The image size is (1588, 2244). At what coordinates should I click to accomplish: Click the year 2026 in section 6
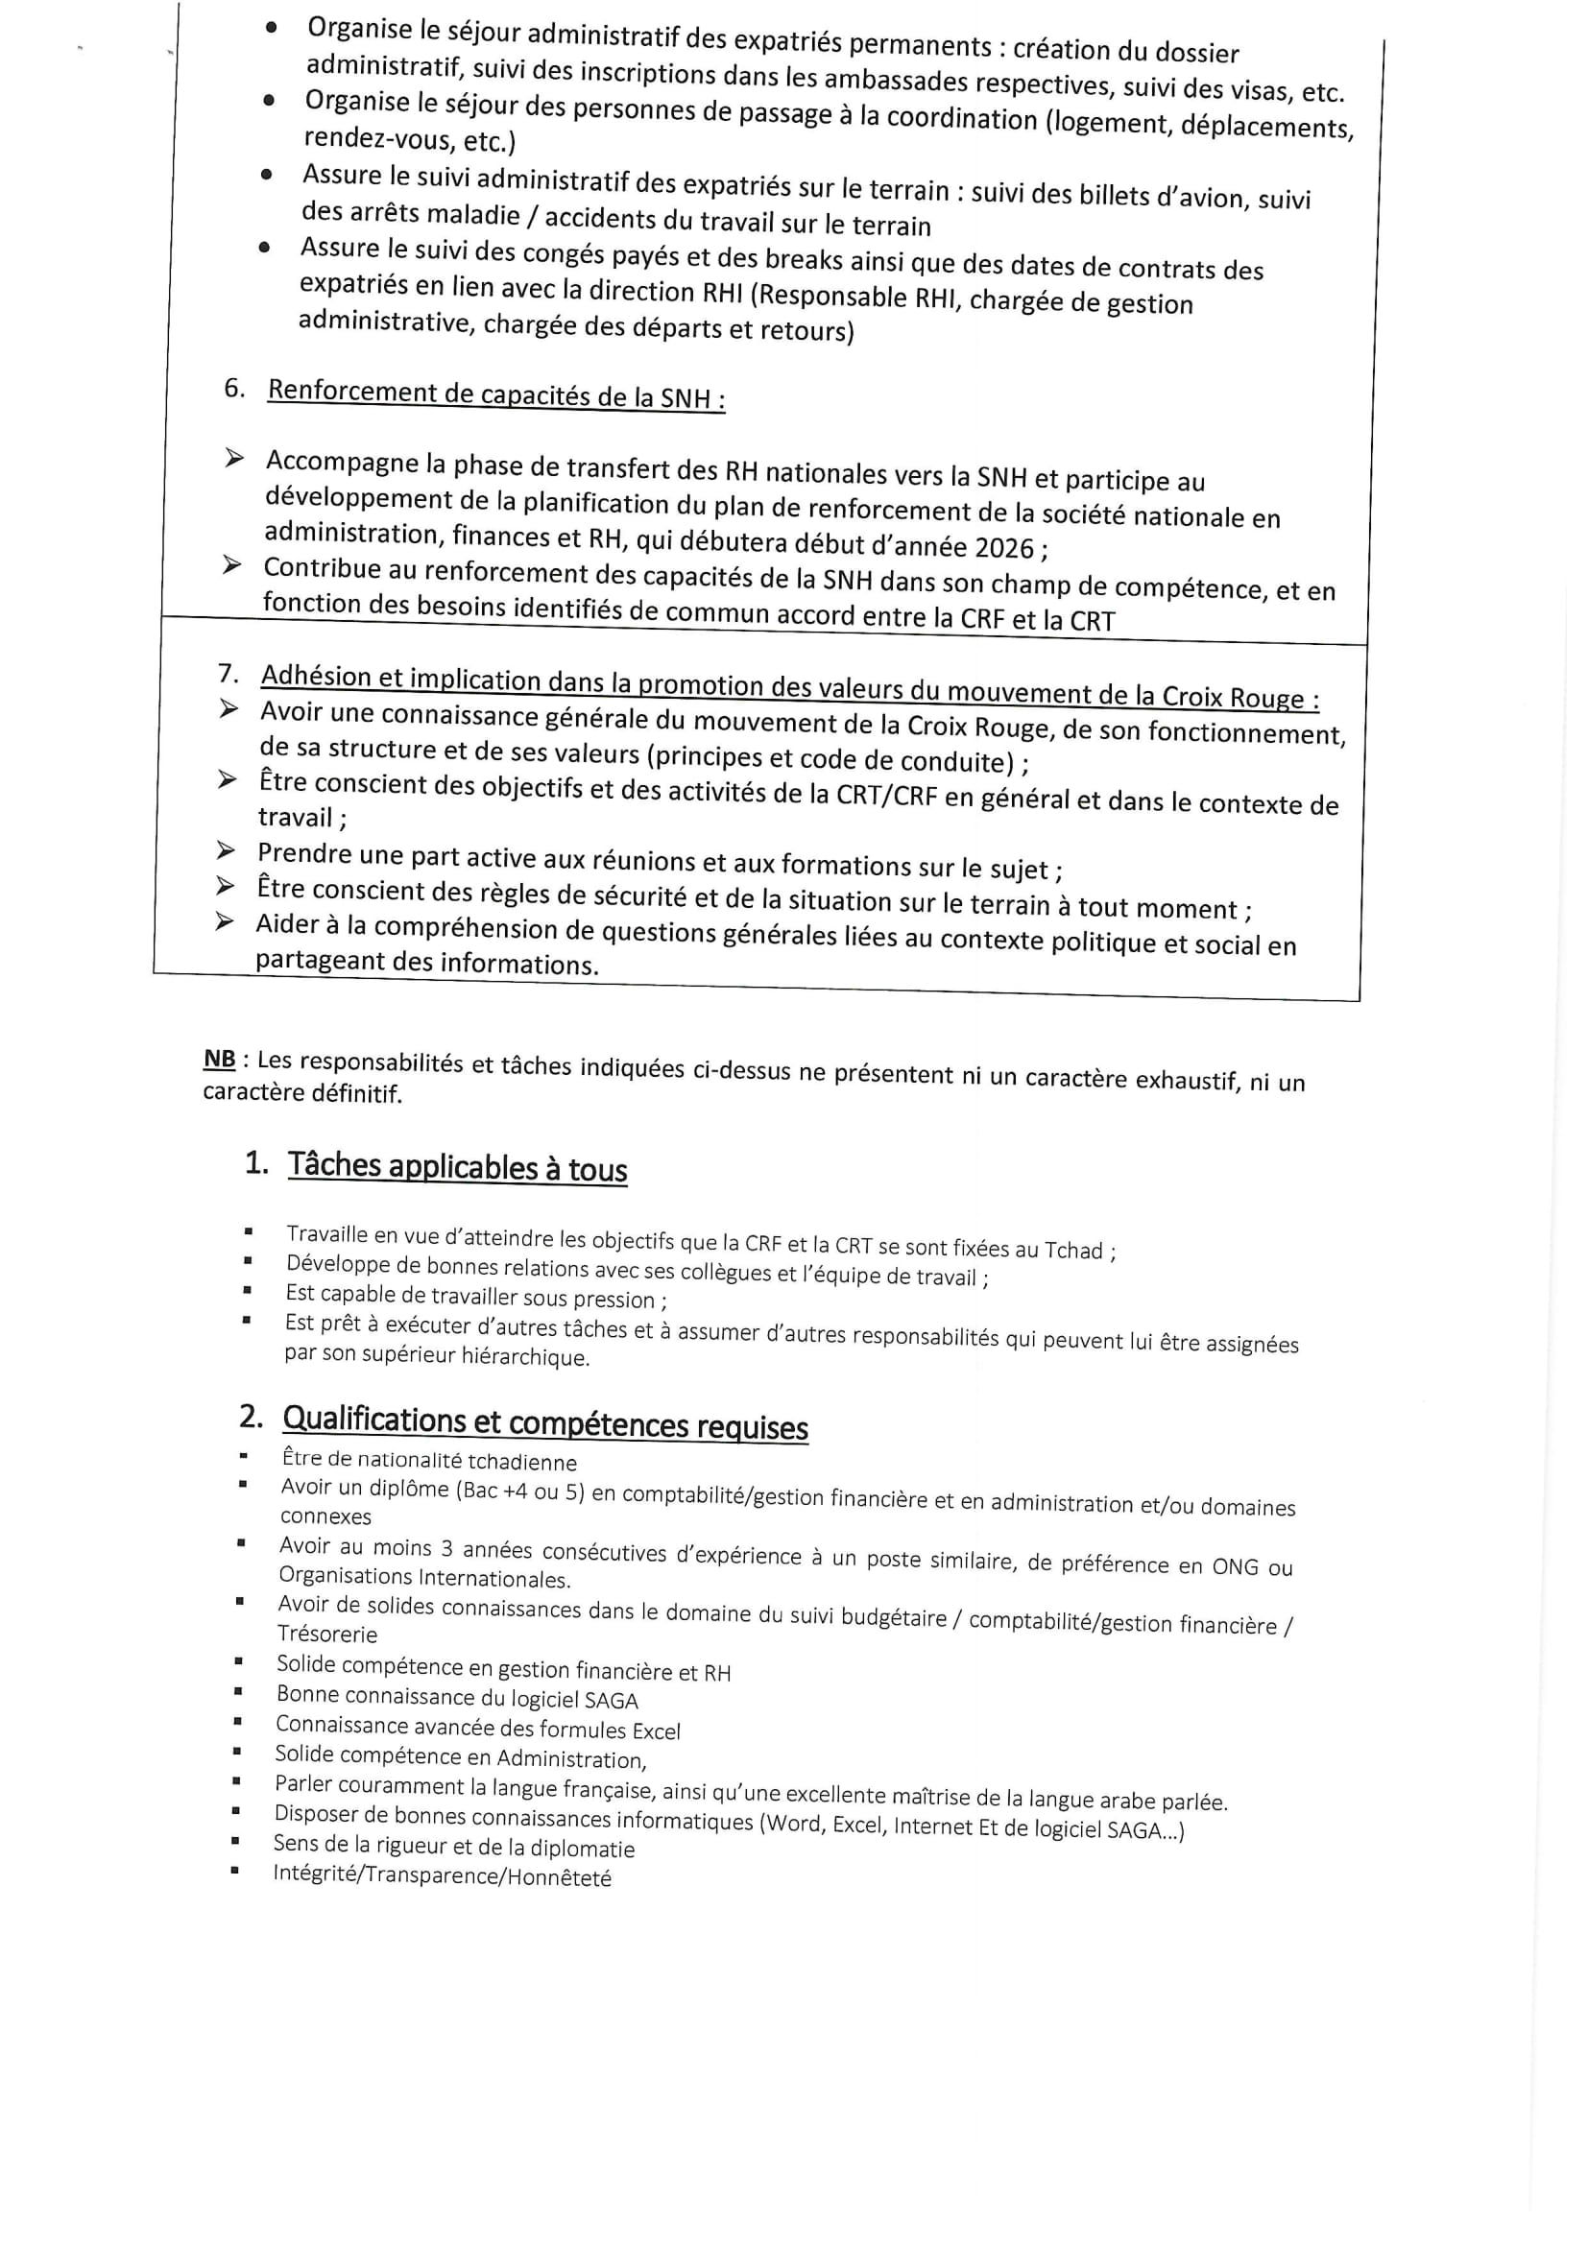(x=1004, y=547)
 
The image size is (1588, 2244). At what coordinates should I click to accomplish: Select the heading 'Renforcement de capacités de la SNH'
(x=495, y=394)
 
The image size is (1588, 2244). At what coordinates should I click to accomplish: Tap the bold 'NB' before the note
(x=219, y=1059)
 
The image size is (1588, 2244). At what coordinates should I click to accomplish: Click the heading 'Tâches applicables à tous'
(x=457, y=1167)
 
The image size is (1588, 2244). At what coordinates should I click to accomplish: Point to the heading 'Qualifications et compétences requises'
(x=544, y=1423)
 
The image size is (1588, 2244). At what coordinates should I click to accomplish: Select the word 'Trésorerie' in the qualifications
(x=326, y=1635)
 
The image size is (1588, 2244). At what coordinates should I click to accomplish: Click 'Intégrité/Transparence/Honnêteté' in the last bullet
(x=442, y=1875)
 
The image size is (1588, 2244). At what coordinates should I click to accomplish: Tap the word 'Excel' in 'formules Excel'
(x=655, y=1731)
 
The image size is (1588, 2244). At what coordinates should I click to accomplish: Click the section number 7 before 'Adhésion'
(x=228, y=674)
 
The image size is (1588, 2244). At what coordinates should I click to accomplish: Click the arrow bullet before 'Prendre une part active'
(x=226, y=851)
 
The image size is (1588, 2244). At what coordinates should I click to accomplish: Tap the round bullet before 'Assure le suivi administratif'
(x=266, y=175)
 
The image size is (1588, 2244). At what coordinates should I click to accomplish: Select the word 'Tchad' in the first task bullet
(x=1072, y=1250)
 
